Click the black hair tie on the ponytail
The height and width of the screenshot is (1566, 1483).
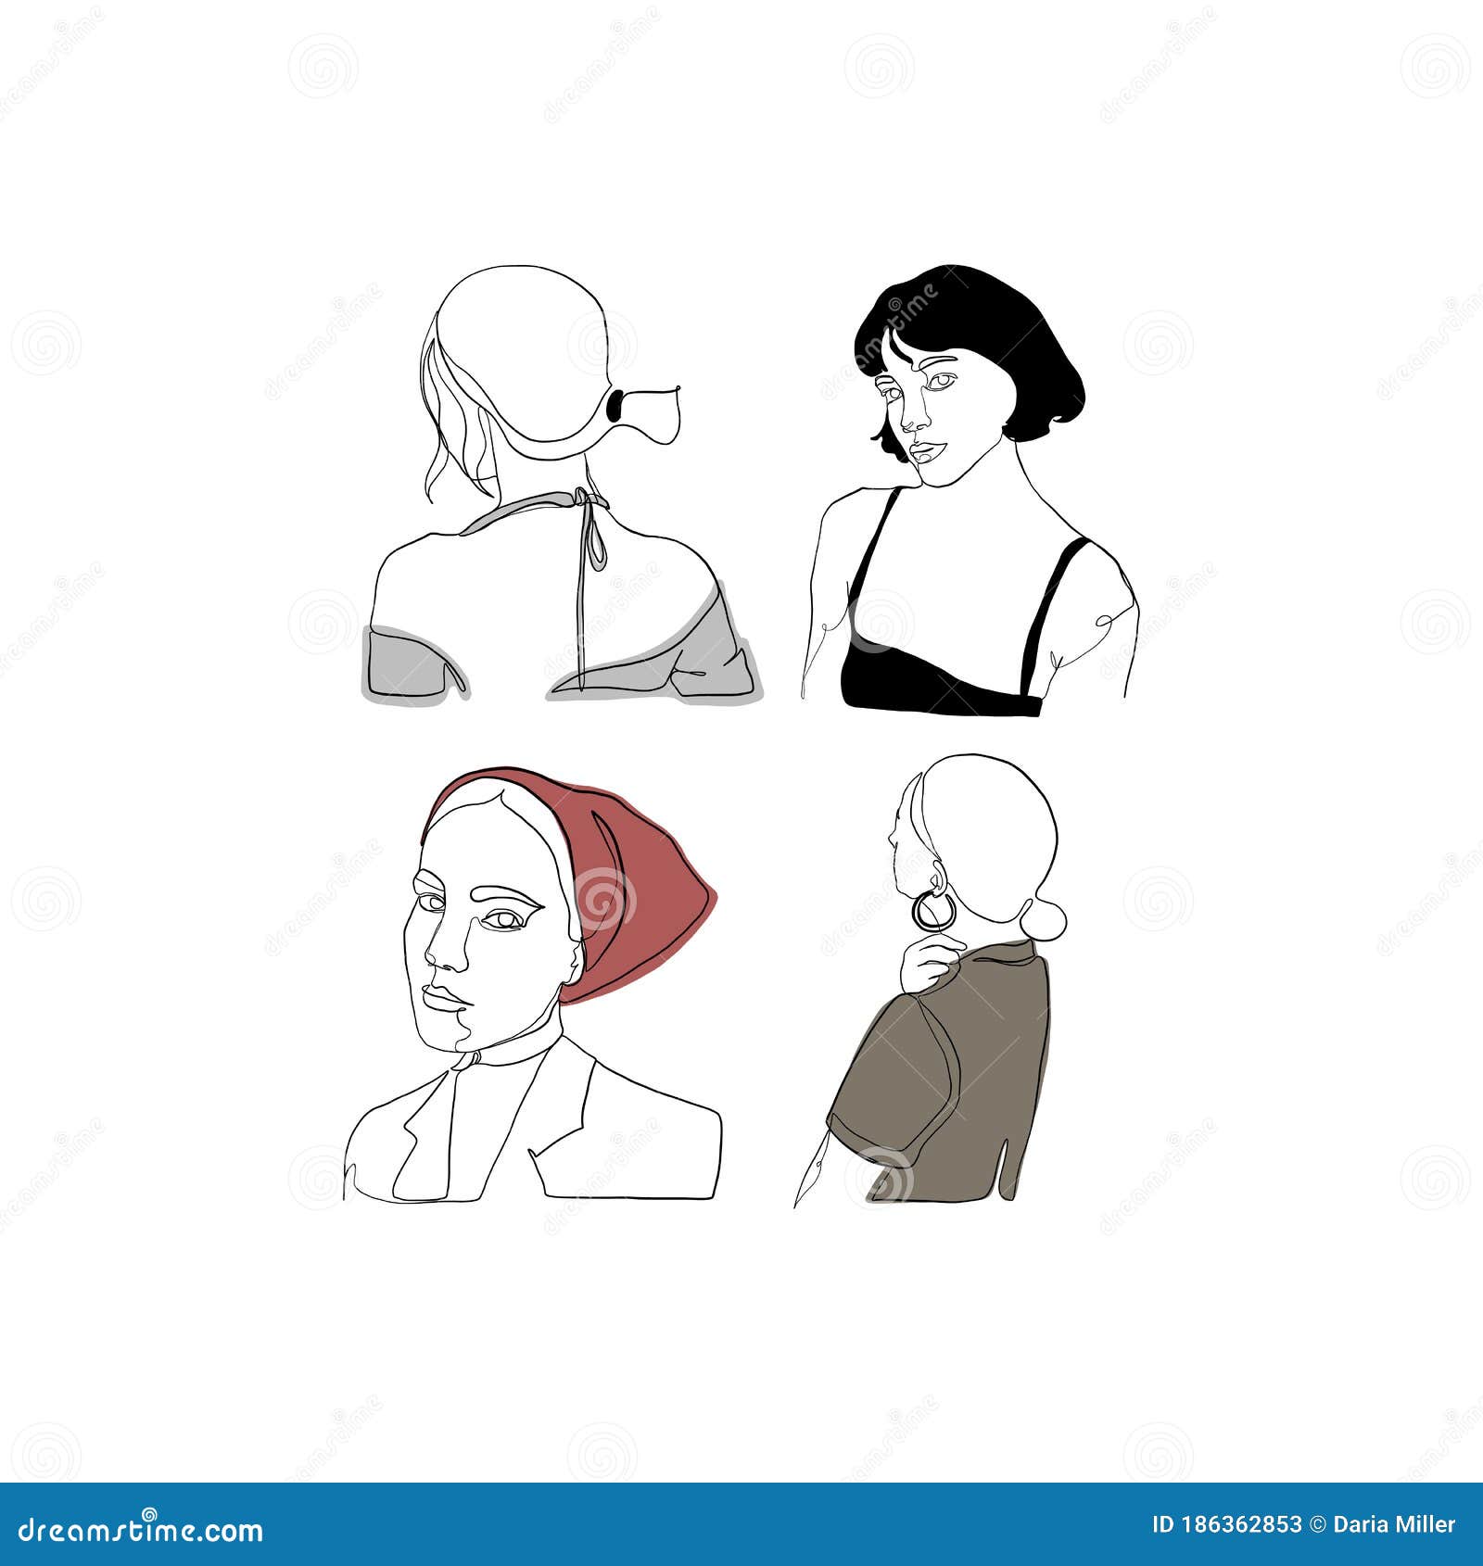(x=614, y=404)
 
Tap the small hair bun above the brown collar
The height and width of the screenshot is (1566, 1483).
(x=1043, y=919)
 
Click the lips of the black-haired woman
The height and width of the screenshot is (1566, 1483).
(x=927, y=452)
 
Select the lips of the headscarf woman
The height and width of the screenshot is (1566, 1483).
(x=445, y=998)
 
